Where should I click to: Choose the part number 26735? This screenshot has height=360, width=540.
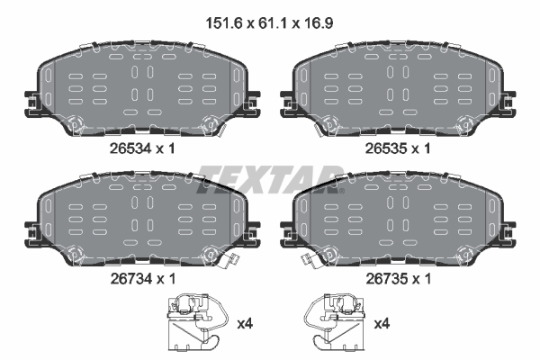(x=383, y=280)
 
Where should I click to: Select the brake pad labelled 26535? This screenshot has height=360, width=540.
(x=397, y=89)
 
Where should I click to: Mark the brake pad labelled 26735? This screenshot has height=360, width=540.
(x=397, y=220)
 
